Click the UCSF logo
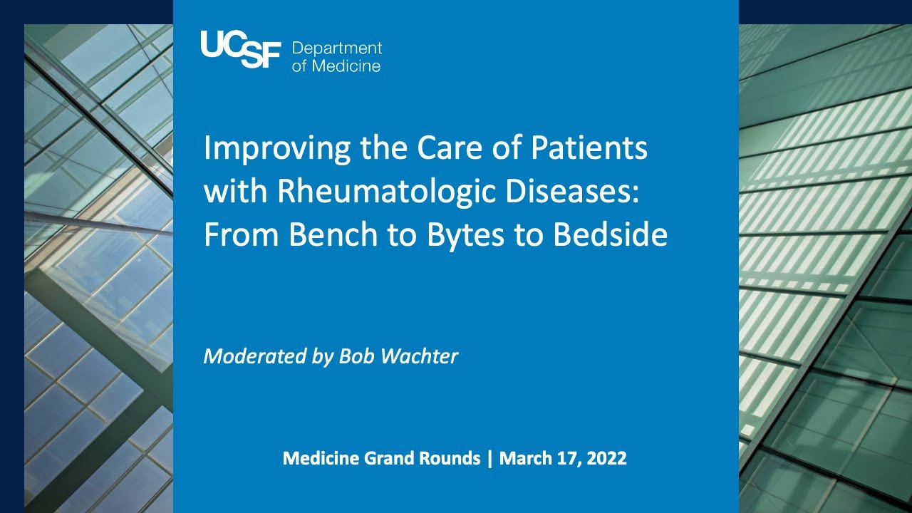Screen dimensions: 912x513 tap(241, 49)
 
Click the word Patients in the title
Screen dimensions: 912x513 tap(589, 147)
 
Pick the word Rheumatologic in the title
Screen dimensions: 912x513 tap(386, 192)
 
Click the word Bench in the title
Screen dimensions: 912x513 tap(333, 234)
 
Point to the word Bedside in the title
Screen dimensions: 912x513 tap(610, 234)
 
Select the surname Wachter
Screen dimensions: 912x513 tap(420, 356)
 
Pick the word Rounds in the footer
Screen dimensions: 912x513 tap(450, 458)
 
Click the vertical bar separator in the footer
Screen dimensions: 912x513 tap(489, 459)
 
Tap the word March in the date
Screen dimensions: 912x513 tap(523, 458)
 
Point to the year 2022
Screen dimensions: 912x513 tap(606, 458)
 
